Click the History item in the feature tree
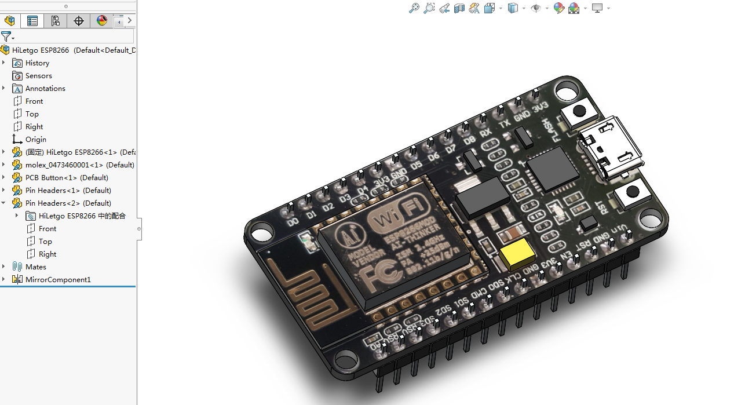point(37,63)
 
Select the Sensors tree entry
point(38,76)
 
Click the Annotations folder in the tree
point(45,89)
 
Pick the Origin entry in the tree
point(35,140)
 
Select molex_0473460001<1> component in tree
point(79,165)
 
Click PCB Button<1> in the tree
point(66,178)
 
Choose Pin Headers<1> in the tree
point(68,191)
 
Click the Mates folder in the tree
point(35,267)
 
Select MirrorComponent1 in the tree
point(57,280)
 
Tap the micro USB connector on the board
point(611,148)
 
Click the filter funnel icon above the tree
point(6,37)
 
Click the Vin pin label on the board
point(619,230)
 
